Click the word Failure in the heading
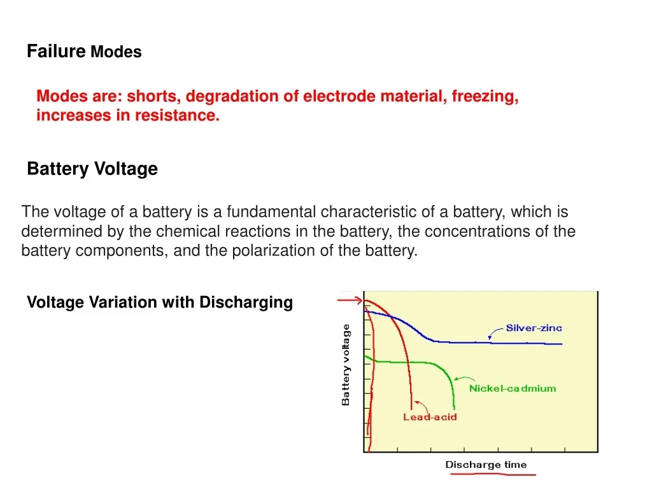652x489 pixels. pos(56,52)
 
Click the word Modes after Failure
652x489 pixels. pos(116,52)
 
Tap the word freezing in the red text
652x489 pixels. pos(485,97)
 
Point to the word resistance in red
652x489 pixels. pos(177,116)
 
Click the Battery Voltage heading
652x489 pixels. pos(92,169)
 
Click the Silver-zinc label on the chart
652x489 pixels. pos(534,329)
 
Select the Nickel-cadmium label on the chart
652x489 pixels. pos(512,388)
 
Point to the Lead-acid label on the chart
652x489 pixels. pos(430,418)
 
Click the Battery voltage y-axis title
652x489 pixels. pos(346,365)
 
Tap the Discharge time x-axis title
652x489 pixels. pos(486,465)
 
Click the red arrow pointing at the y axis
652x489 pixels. pos(350,300)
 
